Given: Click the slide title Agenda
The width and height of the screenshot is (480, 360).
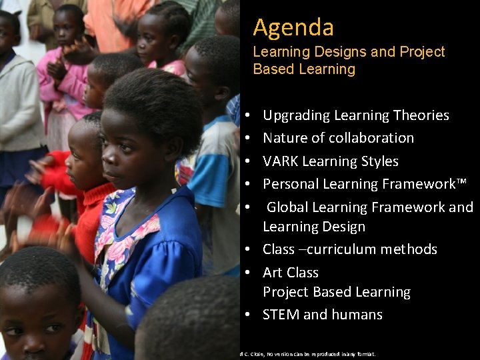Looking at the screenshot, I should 293,28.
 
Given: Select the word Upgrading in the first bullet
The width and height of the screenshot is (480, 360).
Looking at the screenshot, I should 295,115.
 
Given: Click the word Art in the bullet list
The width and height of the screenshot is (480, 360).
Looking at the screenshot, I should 272,273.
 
